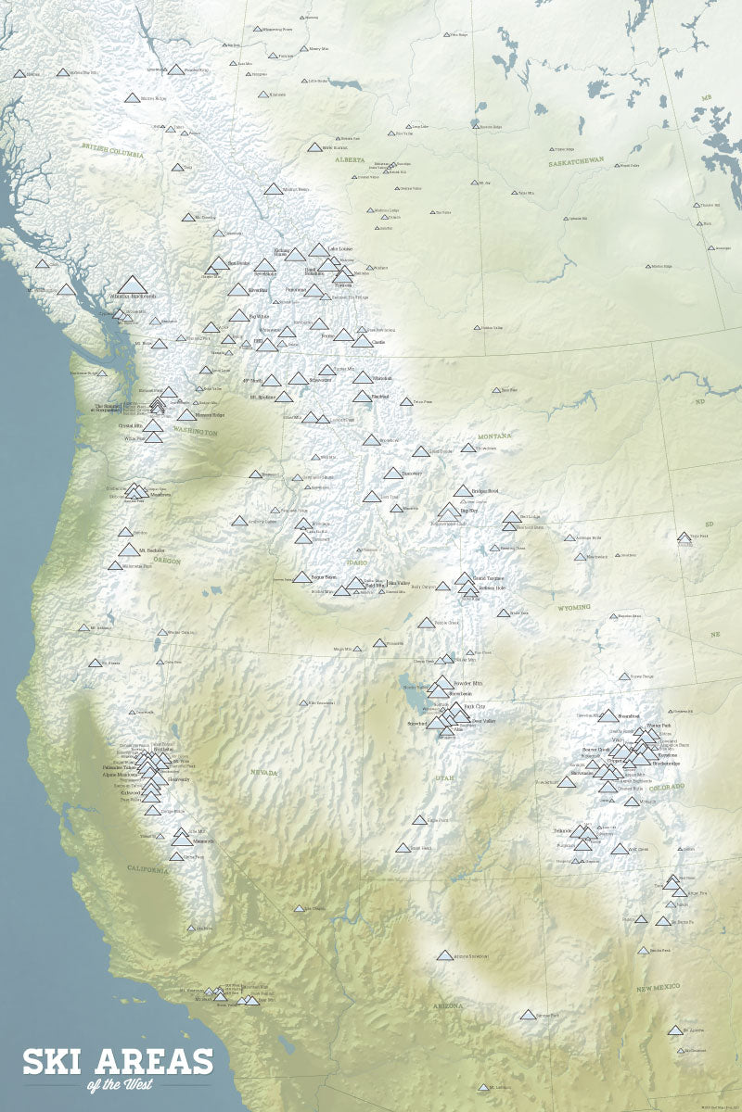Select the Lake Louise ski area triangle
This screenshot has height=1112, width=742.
coord(319,250)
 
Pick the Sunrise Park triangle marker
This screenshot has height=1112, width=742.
coord(528,1015)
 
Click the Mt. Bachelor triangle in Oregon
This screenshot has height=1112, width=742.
coord(128,550)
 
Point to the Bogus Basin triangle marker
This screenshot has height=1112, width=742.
coord(302,576)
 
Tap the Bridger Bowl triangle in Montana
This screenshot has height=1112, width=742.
coord(463,491)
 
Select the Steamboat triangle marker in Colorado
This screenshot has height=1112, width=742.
coord(608,715)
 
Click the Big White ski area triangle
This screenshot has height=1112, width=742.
coord(239,316)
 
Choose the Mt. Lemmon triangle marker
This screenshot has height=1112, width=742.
coord(482,1087)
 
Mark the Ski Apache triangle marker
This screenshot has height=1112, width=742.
coord(674,1030)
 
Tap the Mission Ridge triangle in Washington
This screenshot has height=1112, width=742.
coord(186,415)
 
